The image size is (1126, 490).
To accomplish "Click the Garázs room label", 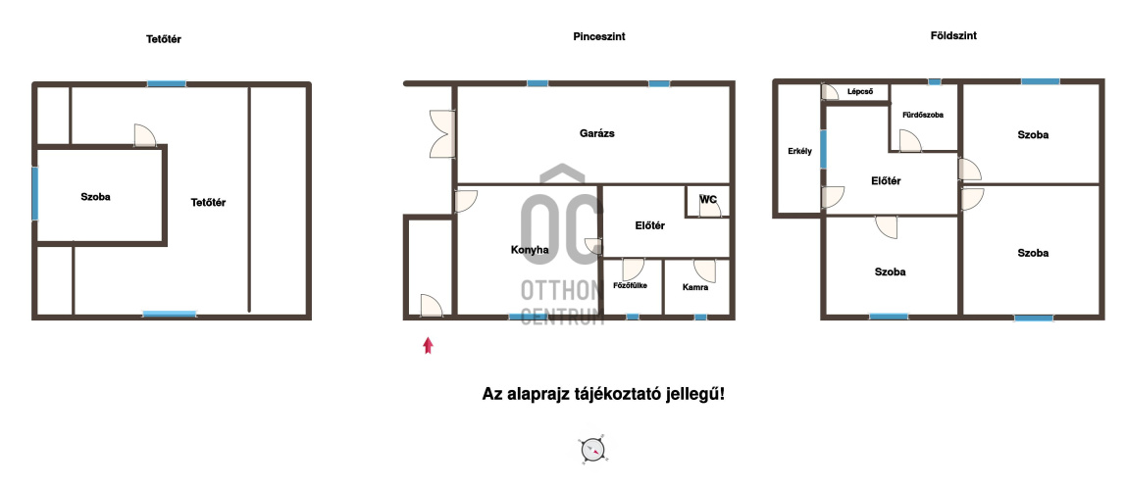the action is pos(596,133).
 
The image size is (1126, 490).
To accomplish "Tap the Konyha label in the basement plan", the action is pos(530,250).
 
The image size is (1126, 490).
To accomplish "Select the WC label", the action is pos(708,200).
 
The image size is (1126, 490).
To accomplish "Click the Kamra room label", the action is pos(695,287).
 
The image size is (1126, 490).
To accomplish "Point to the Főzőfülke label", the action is pos(630,285).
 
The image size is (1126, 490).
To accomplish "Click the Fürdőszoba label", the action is pos(923,115).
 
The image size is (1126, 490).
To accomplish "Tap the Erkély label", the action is pos(799,151).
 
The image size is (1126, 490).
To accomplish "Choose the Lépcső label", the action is pos(859,91).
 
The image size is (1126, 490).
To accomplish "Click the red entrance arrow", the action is pos(428,346).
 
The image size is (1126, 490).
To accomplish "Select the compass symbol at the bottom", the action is pos(593,450).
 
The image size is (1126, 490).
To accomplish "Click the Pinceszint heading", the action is pos(599,36).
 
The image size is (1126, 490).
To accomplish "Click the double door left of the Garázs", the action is pos(442,133).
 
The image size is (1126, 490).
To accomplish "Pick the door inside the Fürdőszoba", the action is pos(910,140).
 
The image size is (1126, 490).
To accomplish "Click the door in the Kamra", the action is pos(705,269).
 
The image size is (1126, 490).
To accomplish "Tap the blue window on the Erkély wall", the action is pos(823,149).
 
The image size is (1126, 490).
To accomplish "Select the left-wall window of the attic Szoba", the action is pos(34,194).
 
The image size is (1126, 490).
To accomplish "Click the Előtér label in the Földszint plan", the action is pos(886,181).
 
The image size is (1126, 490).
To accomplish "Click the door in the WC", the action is pos(710,208).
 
